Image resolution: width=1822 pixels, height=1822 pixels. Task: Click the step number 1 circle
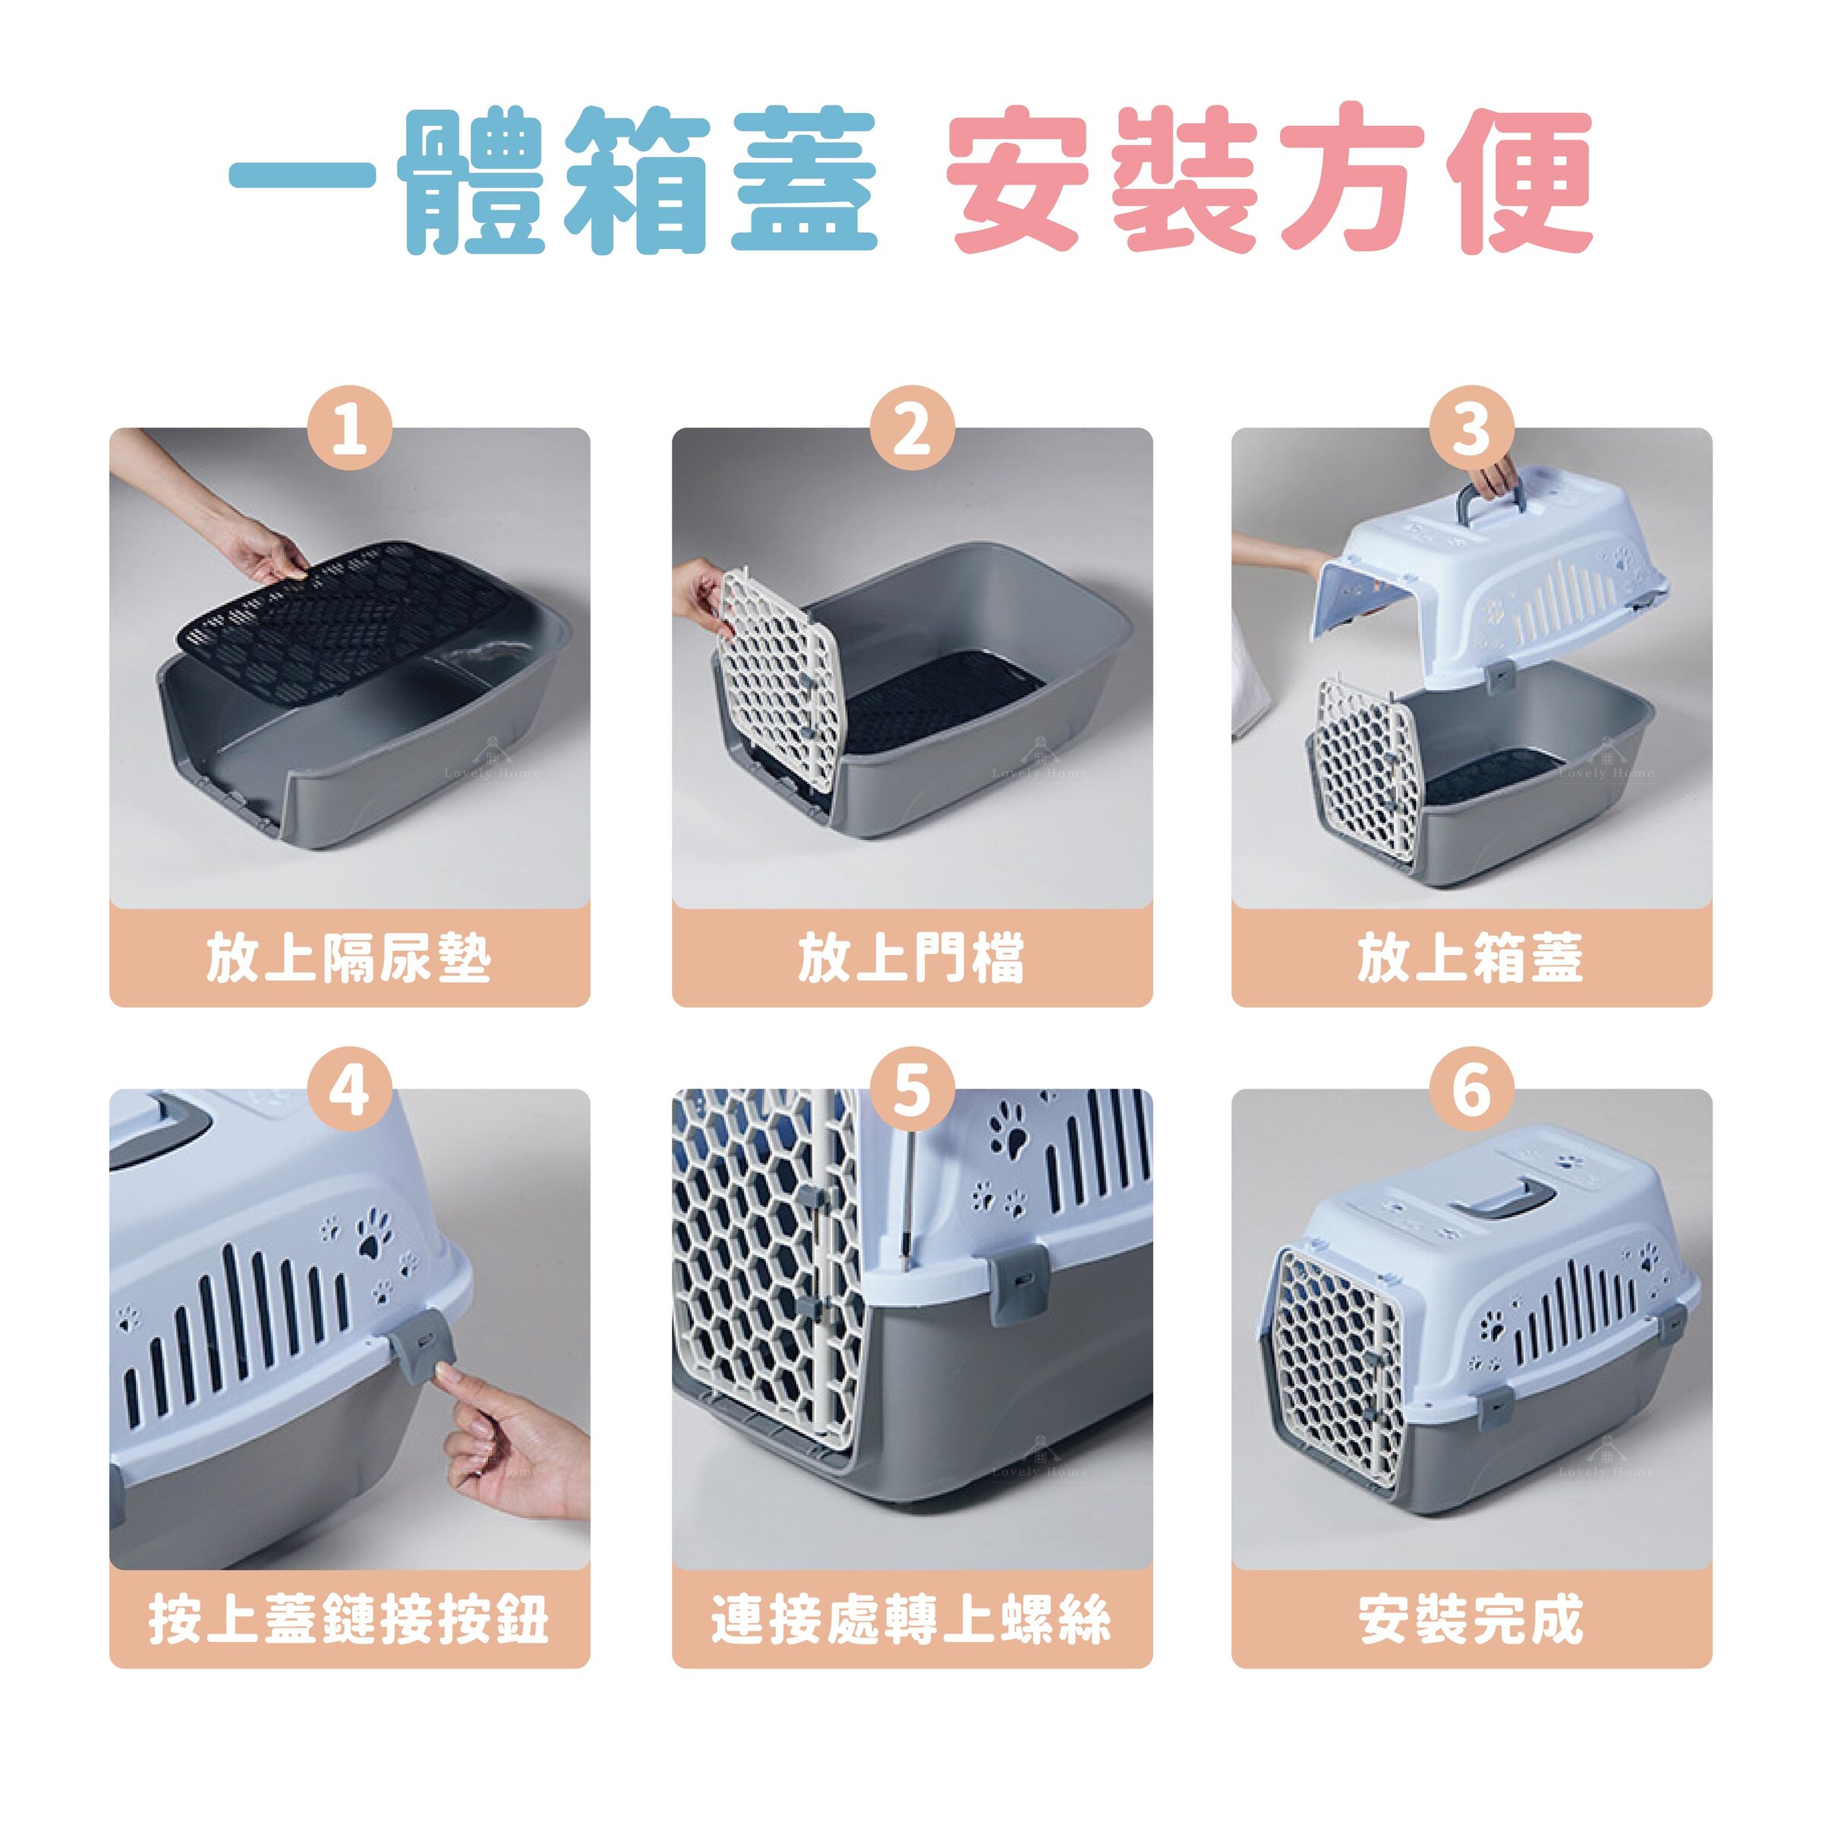click(350, 431)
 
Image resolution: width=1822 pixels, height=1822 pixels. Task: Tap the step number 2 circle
click(911, 431)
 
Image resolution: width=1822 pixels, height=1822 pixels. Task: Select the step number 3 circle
click(1471, 431)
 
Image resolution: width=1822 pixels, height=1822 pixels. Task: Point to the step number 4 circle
click(350, 1093)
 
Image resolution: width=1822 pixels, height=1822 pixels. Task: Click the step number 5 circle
click(911, 1093)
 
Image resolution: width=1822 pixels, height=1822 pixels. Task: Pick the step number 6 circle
click(1471, 1093)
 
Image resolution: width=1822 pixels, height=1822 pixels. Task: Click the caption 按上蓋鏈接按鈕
click(350, 1620)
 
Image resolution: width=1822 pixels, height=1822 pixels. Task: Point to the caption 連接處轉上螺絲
click(911, 1620)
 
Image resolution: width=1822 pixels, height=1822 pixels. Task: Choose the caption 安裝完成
click(1471, 1620)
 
